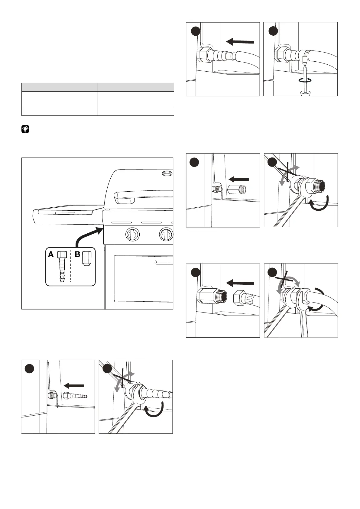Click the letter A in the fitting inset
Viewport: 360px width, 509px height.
(x=51, y=254)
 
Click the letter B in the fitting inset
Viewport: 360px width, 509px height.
(x=77, y=254)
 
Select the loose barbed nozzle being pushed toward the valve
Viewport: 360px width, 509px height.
(x=75, y=396)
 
